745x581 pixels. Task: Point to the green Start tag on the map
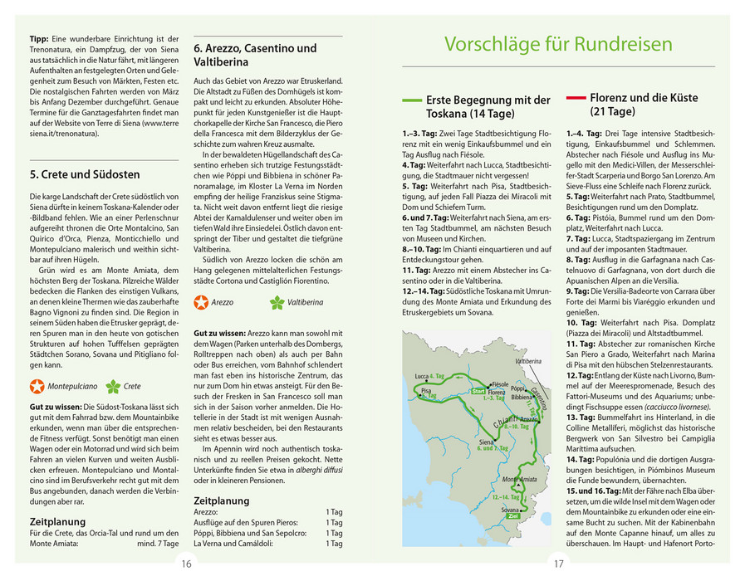tap(478, 390)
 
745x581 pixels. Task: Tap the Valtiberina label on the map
tap(528, 363)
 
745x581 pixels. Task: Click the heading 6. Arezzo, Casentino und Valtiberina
tap(255, 55)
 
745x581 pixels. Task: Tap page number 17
tap(558, 564)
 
